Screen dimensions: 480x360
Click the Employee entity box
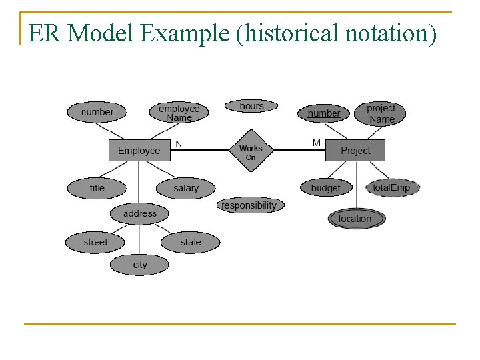pyautogui.click(x=139, y=150)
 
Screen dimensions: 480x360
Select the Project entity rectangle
pyautogui.click(x=355, y=150)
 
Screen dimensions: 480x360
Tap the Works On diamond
pyautogui.click(x=251, y=152)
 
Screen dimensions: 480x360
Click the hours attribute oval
pyautogui.click(x=251, y=106)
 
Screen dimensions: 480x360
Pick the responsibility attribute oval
pyautogui.click(x=249, y=205)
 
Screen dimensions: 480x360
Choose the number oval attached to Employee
pyautogui.click(x=97, y=112)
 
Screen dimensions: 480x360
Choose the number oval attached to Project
pyautogui.click(x=323, y=113)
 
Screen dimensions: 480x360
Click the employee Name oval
pyautogui.click(x=179, y=112)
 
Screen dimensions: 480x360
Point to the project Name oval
pyautogui.click(x=381, y=113)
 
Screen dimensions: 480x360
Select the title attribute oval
pyautogui.click(x=97, y=188)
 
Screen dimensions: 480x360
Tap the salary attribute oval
pyautogui.click(x=186, y=188)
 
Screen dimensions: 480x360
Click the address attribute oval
pyautogui.click(x=140, y=213)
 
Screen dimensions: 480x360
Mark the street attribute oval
pyautogui.click(x=95, y=242)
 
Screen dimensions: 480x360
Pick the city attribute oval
pyautogui.click(x=140, y=265)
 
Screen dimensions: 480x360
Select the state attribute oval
pyautogui.click(x=190, y=242)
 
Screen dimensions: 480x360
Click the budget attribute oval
pyautogui.click(x=325, y=188)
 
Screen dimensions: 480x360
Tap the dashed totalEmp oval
pyautogui.click(x=392, y=187)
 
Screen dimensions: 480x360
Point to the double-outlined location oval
pyautogui.click(x=355, y=218)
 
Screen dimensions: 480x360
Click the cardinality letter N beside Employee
pyautogui.click(x=179, y=143)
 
